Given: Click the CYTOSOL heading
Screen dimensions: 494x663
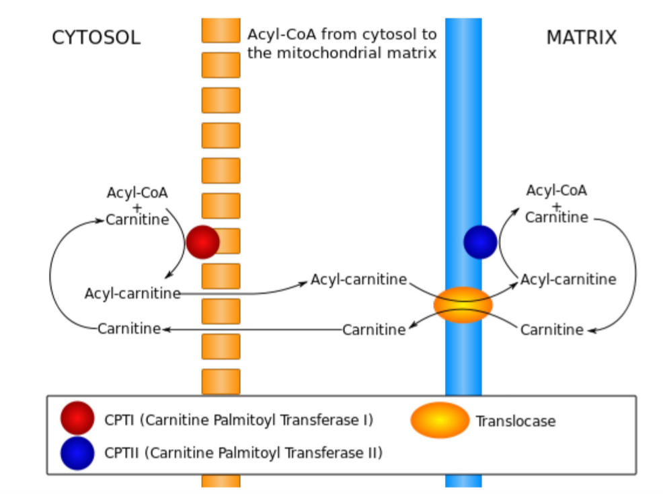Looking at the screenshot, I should coord(96,38).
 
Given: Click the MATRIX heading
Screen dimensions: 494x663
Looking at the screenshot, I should coord(581,38).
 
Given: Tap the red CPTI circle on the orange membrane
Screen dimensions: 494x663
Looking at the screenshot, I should coord(202,242).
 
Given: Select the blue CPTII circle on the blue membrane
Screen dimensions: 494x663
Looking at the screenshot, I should coord(480,242).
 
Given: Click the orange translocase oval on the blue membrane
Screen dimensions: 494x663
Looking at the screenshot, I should coord(463,305).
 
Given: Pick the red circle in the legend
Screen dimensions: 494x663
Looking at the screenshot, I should coord(77,419).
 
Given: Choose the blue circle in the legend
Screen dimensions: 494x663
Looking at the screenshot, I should coord(77,453).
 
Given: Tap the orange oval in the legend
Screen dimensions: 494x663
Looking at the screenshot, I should coord(440,420).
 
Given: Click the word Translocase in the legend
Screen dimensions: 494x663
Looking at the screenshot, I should coord(516,421).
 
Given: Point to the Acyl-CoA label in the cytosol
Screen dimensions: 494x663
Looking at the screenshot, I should coord(137,192).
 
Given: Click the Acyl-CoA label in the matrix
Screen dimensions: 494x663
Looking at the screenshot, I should coord(556,190).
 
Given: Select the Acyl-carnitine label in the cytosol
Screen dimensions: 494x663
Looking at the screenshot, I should coord(132,293).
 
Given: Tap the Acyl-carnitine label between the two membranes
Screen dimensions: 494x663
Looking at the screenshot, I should coord(358,279).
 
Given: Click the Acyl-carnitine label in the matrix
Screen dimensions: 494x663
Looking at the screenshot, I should coord(568,279).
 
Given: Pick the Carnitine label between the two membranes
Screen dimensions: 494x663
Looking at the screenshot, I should coord(374,330).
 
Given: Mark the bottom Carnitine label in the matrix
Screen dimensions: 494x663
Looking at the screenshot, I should coord(551,330).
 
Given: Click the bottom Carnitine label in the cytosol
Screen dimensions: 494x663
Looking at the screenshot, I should coord(129,328).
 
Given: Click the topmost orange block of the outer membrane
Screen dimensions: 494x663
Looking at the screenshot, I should coord(221,30).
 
